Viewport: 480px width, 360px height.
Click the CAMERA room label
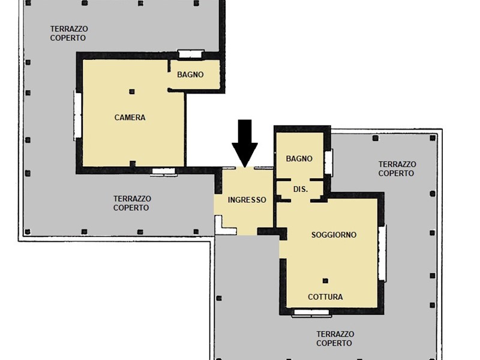pyautogui.click(x=130, y=117)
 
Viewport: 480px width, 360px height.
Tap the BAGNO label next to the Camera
pyautogui.click(x=190, y=74)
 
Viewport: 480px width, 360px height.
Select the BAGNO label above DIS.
pyautogui.click(x=299, y=158)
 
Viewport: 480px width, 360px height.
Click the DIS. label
pyautogui.click(x=301, y=189)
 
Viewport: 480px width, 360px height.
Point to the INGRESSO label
pyautogui.click(x=247, y=200)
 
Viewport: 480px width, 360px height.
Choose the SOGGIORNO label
pyautogui.click(x=334, y=235)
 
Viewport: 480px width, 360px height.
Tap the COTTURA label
pyautogui.click(x=325, y=296)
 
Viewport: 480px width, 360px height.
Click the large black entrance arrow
pyautogui.click(x=245, y=143)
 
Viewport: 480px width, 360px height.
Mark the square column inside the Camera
pyautogui.click(x=132, y=92)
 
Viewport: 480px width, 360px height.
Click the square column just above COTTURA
pyautogui.click(x=325, y=281)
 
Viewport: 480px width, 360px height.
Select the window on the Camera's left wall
pyautogui.click(x=77, y=115)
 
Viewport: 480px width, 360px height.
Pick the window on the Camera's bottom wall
pyautogui.click(x=164, y=172)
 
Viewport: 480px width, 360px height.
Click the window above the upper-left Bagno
pyautogui.click(x=191, y=54)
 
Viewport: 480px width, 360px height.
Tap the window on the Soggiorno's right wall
pyautogui.click(x=382, y=253)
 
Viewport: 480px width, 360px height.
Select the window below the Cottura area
pyautogui.click(x=311, y=313)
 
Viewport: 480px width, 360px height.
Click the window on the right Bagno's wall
pyautogui.click(x=329, y=163)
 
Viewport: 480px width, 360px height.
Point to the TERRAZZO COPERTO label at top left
pyautogui.click(x=69, y=34)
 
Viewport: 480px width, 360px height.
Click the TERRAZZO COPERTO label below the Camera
pyautogui.click(x=132, y=203)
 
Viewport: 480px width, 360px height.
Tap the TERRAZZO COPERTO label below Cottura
pyautogui.click(x=335, y=338)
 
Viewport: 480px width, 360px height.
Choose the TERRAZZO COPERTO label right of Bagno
pyautogui.click(x=397, y=169)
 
